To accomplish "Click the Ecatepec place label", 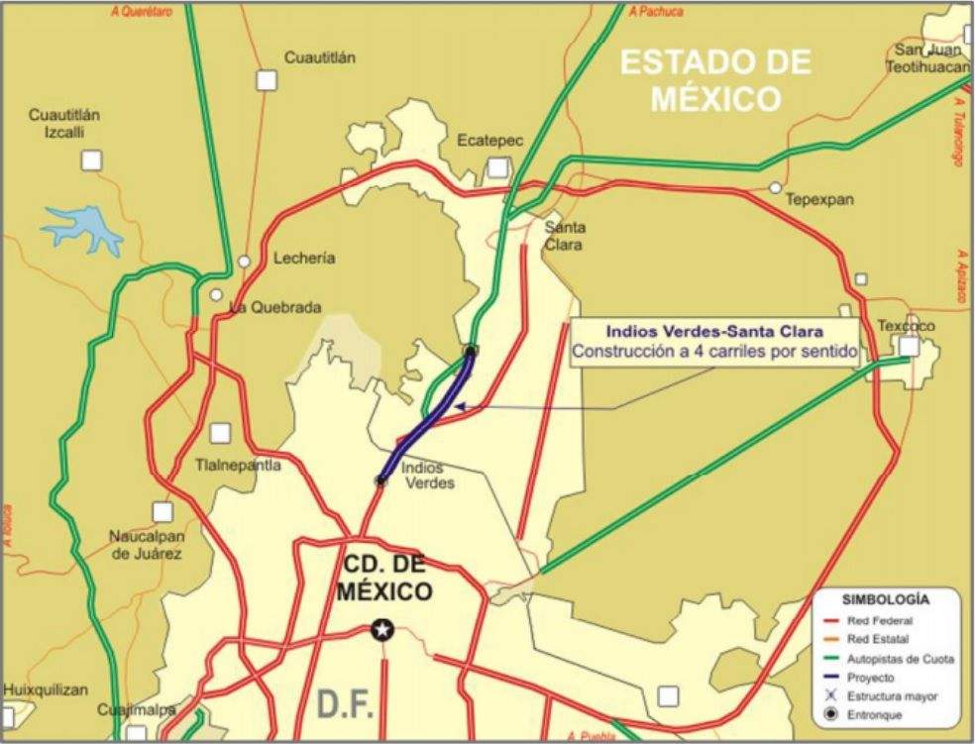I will pyautogui.click(x=489, y=142).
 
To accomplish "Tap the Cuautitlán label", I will pyautogui.click(x=319, y=57).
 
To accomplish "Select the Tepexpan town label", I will pyautogui.click(x=819, y=199).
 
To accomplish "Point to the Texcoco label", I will pyautogui.click(x=906, y=326).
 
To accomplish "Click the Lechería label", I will pyautogui.click(x=304, y=258).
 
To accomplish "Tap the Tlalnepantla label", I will pyautogui.click(x=238, y=465).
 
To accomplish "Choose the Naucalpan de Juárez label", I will pyautogui.click(x=146, y=545).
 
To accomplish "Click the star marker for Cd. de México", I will pyautogui.click(x=381, y=629).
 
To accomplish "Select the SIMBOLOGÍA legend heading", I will pyautogui.click(x=885, y=599).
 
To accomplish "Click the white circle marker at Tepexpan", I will pyautogui.click(x=775, y=187).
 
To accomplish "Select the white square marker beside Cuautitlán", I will pyautogui.click(x=266, y=80).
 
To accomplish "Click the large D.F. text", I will pyautogui.click(x=346, y=705).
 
